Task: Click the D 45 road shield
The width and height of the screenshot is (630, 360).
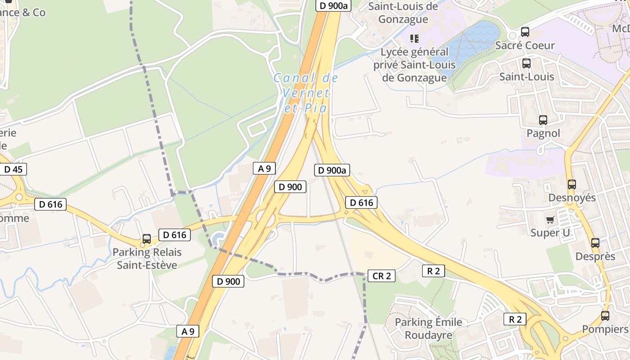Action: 13,169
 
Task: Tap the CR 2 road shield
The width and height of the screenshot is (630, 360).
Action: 382,276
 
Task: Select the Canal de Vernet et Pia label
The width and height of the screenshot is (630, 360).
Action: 306,93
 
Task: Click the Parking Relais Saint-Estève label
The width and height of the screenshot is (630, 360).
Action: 147,258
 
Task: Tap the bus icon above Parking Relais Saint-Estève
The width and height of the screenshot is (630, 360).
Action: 146,239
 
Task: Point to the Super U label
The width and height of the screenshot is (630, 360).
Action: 550,233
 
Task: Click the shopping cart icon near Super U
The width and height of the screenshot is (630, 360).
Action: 550,220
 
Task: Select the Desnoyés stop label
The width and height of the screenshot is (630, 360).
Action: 571,198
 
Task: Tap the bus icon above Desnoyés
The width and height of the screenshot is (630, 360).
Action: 571,184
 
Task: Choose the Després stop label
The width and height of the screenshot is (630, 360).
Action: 595,256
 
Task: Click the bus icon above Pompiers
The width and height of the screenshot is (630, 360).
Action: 605,316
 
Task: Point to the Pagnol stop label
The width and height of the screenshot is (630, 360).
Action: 543,133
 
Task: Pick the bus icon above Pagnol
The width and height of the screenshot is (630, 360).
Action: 543,120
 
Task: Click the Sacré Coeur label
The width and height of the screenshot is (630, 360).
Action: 525,45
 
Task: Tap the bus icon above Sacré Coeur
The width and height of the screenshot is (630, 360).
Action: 525,32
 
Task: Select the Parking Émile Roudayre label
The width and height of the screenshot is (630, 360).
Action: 428,328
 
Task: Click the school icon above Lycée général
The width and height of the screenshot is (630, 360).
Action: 414,39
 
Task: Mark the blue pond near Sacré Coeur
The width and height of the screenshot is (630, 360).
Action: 472,43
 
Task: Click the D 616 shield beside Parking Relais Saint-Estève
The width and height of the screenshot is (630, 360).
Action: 174,234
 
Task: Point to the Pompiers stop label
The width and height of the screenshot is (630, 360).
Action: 605,329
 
